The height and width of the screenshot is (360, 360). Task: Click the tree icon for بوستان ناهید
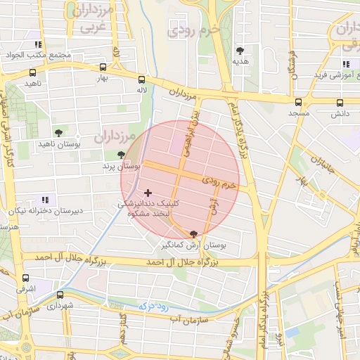tap(58, 132)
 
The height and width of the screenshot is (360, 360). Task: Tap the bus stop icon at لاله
tap(143, 79)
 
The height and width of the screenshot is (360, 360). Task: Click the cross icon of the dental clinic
tap(148, 193)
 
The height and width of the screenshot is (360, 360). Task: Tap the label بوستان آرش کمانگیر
tap(194, 245)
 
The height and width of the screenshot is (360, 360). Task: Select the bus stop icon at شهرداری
tap(60, 295)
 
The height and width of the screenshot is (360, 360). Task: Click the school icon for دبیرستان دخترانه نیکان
tap(47, 200)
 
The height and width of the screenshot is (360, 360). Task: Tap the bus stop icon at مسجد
tap(299, 102)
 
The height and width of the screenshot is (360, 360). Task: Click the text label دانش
tap(340, 112)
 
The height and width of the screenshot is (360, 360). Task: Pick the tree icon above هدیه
tap(240, 51)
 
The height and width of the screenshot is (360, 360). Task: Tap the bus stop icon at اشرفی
tap(26, 278)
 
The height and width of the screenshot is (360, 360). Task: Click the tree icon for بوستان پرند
tap(122, 155)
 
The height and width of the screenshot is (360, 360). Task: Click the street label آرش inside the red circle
tap(213, 205)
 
